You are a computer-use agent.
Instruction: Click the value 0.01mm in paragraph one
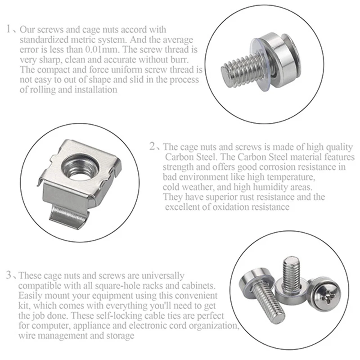[x=104, y=49]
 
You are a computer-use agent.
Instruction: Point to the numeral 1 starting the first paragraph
[x=9, y=29]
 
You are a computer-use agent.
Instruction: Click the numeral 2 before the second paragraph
[x=152, y=147]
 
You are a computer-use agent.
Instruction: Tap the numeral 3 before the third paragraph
[x=9, y=275]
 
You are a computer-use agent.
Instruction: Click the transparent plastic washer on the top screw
[x=261, y=65]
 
